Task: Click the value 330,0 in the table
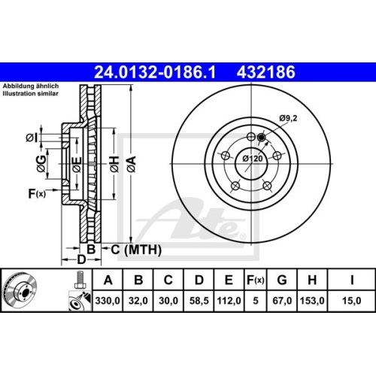click(110, 300)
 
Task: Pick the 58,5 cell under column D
click(198, 300)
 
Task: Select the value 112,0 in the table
click(227, 300)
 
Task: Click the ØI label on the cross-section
click(29, 136)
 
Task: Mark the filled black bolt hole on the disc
click(261, 137)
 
